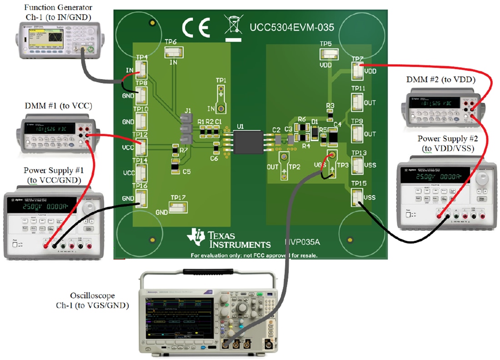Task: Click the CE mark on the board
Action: tap(196, 28)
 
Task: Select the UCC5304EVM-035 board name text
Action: tap(291, 28)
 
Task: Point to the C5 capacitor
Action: tap(174, 168)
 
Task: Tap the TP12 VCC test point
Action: tap(141, 147)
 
